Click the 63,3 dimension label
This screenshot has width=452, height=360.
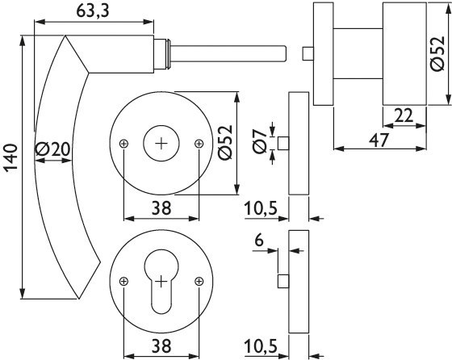click(93, 11)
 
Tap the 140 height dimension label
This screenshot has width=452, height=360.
click(12, 159)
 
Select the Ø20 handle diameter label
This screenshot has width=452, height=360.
click(52, 149)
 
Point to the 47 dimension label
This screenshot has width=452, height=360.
click(379, 140)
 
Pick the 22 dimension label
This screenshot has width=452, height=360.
click(404, 116)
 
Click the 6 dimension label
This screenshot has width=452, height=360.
click(259, 240)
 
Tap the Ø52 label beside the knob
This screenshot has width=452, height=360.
click(437, 53)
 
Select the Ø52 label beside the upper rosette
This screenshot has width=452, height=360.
click(225, 142)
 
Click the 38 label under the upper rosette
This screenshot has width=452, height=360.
click(161, 207)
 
